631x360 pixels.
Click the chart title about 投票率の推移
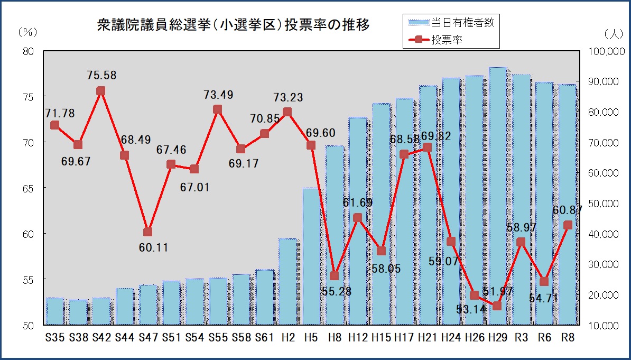(x=233, y=25)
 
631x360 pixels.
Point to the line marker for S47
(x=147, y=232)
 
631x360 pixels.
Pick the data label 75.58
(x=101, y=76)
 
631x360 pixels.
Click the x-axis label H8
(x=334, y=337)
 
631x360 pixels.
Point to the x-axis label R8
(x=568, y=337)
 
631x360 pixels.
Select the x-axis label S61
(x=264, y=337)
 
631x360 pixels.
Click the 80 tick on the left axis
(x=28, y=51)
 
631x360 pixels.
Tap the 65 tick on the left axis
(x=28, y=188)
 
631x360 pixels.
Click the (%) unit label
(x=27, y=32)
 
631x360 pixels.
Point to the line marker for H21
(x=427, y=148)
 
